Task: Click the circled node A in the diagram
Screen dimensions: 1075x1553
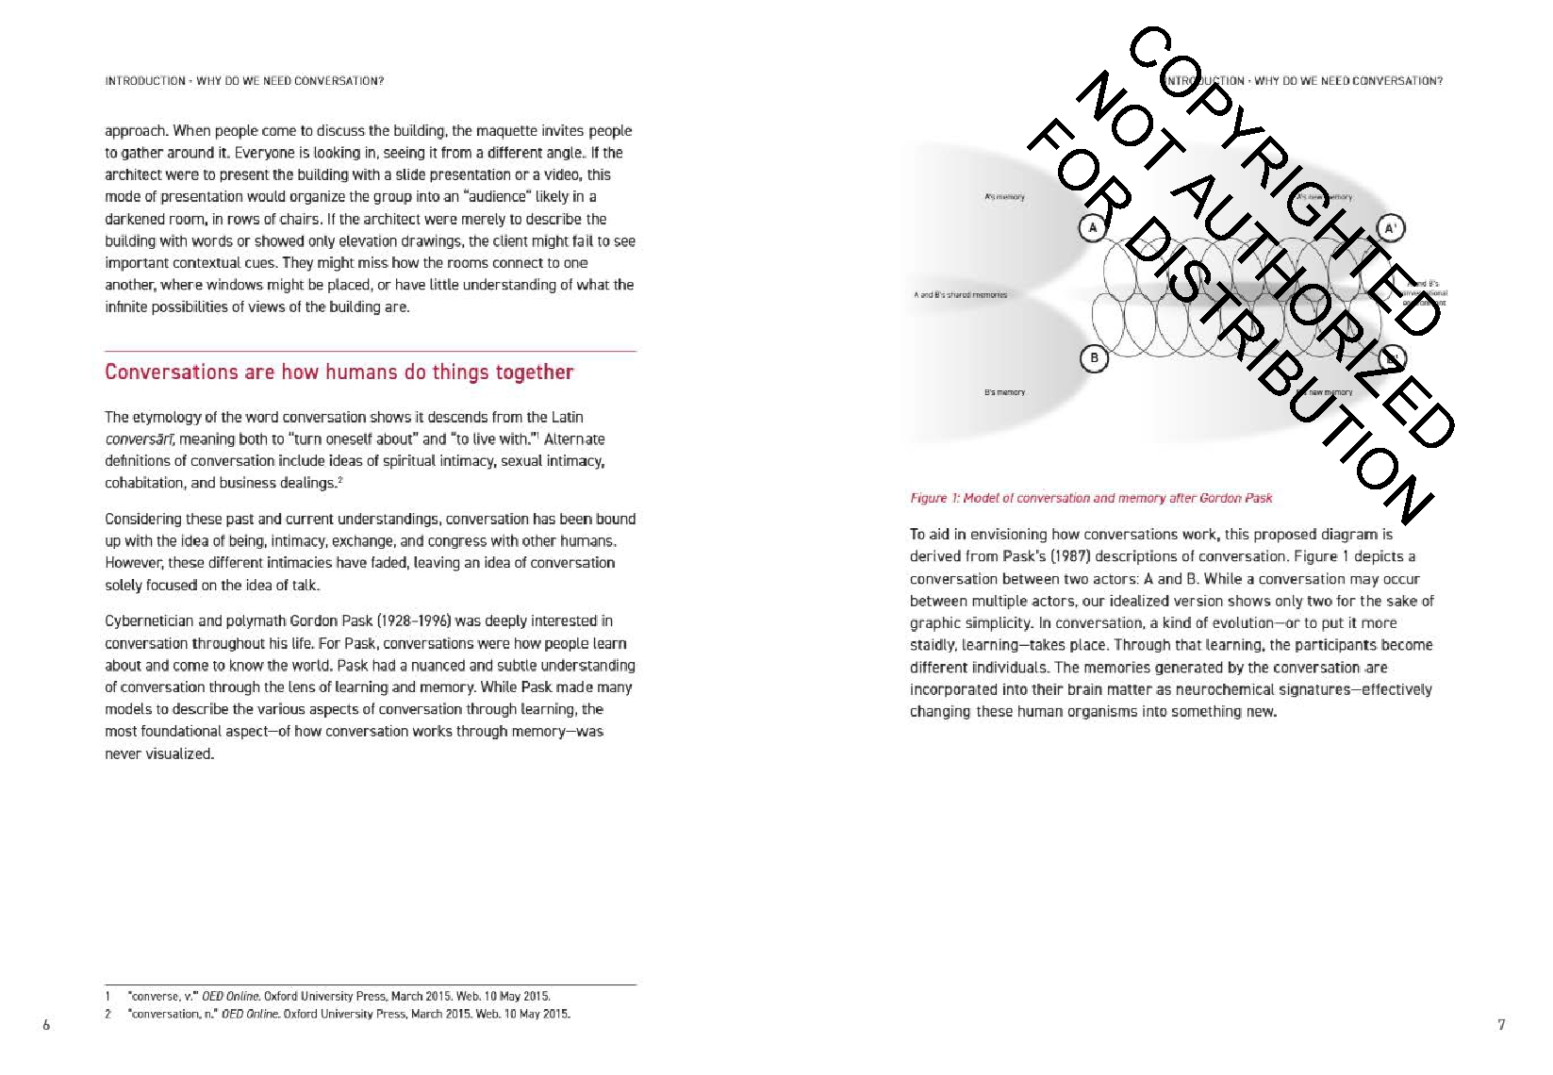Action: pos(1093,227)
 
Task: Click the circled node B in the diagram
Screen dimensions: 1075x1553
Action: pos(1094,358)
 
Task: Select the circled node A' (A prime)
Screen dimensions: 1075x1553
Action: pos(1390,228)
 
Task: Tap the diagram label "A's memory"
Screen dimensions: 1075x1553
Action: pos(1004,197)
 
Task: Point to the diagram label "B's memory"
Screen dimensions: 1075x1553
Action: pos(1004,392)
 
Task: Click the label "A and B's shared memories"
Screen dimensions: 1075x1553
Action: pos(960,295)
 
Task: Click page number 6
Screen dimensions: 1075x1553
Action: pos(46,1025)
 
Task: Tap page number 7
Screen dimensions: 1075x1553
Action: pos(1501,1025)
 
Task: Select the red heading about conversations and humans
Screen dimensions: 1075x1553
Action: pos(339,372)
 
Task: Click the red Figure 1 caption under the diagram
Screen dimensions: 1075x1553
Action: pos(1091,498)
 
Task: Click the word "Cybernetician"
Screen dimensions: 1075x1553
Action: pos(149,621)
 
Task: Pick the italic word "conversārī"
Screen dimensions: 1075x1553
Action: pos(140,439)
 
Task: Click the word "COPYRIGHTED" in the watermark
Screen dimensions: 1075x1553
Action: pos(1282,179)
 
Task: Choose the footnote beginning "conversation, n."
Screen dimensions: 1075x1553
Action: pos(349,1015)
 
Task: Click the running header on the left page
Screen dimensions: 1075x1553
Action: pos(244,81)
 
